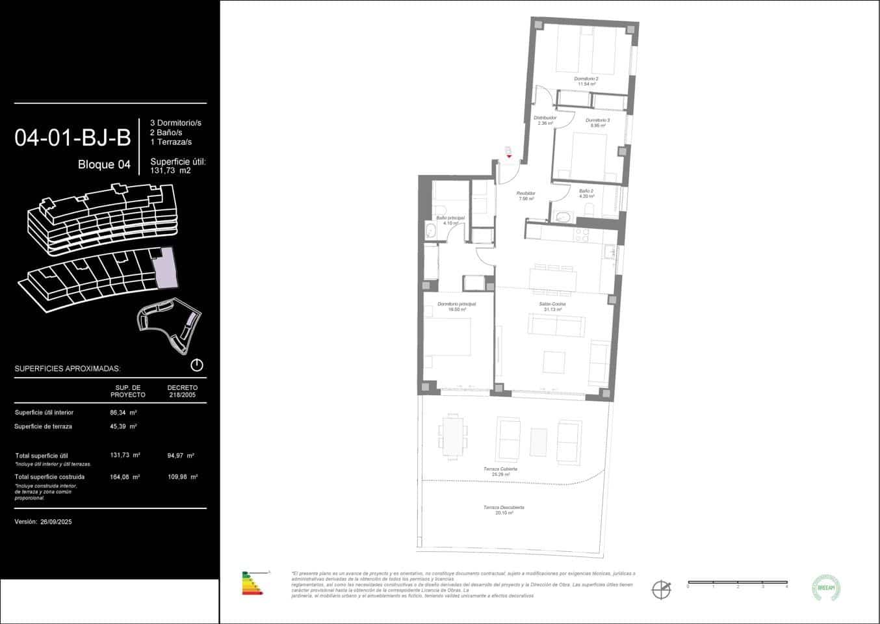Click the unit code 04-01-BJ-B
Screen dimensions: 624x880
pyautogui.click(x=73, y=138)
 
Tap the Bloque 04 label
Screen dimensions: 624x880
pyautogui.click(x=104, y=164)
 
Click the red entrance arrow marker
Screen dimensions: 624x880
pyautogui.click(x=509, y=156)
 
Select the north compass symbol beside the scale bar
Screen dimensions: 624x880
pyautogui.click(x=661, y=589)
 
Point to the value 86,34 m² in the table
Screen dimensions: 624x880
pyautogui.click(x=123, y=412)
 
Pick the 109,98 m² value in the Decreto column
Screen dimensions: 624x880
pyautogui.click(x=182, y=476)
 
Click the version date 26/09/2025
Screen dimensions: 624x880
pyautogui.click(x=56, y=521)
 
